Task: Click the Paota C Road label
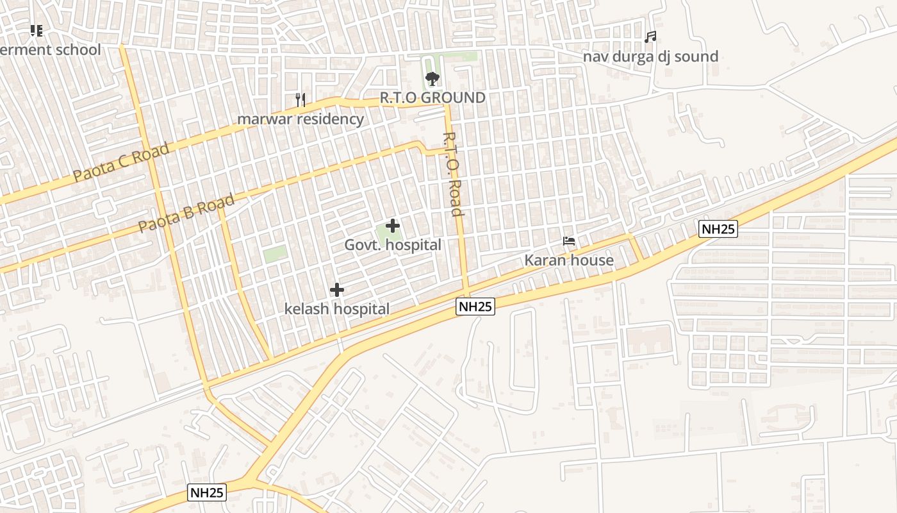click(x=121, y=162)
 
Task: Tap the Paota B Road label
click(x=186, y=214)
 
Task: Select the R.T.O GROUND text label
click(x=432, y=98)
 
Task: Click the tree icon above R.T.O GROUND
click(x=432, y=79)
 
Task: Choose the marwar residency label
click(x=300, y=119)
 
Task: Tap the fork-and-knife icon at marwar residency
click(x=300, y=99)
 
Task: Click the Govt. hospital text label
click(x=393, y=245)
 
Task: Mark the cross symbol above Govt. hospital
click(x=393, y=226)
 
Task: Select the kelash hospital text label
click(x=337, y=309)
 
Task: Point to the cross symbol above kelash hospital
click(x=337, y=290)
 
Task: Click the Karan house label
click(x=569, y=260)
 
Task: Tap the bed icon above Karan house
click(x=569, y=241)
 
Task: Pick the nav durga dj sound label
click(x=650, y=56)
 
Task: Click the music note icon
click(x=650, y=37)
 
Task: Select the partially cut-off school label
click(x=51, y=50)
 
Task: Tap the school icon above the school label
click(x=37, y=30)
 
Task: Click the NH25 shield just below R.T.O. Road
click(x=476, y=307)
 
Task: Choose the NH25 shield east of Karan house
click(x=718, y=229)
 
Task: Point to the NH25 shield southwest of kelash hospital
click(x=208, y=492)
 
